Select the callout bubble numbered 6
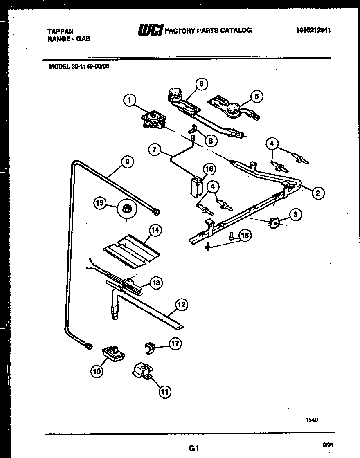coord(201,84)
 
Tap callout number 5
coord(256,97)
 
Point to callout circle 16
coord(209,168)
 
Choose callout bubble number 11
coord(164,392)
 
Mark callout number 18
coord(245,235)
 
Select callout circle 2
coord(318,193)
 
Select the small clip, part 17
coord(151,348)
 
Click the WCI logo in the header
coord(151,30)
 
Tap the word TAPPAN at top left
coord(60,31)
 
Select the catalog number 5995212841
coord(313,30)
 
